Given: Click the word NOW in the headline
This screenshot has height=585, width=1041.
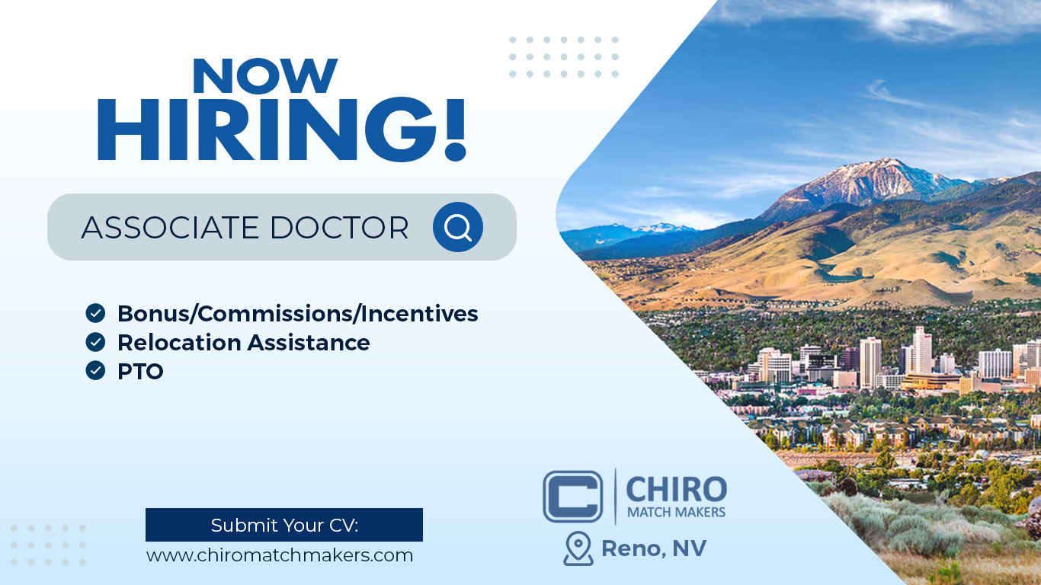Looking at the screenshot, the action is click(265, 75).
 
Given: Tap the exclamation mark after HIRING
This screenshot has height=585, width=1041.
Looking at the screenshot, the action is click(455, 129).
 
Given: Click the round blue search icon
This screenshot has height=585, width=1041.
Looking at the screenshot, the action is click(458, 227).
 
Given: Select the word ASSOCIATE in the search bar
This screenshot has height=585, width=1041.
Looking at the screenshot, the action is click(170, 228).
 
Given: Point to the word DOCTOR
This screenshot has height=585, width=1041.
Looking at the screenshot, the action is click(339, 228).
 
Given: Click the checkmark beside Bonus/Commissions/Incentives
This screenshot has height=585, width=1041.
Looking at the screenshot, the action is click(95, 313).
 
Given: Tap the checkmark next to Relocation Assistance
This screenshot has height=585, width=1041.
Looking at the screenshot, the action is click(95, 342).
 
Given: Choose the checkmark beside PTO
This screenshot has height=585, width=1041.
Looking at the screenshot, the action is click(95, 370).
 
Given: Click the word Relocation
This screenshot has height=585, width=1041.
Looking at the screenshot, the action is click(179, 343).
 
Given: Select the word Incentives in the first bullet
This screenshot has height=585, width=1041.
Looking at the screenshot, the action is click(419, 314).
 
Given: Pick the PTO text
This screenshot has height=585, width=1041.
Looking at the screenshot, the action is click(140, 371).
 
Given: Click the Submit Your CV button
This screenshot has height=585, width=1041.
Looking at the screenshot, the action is click(284, 525).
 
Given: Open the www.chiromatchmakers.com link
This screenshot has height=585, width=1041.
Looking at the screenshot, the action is click(280, 555).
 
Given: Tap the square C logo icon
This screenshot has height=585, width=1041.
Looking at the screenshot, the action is click(573, 497).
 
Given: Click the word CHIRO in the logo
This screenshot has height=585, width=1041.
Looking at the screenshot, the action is click(677, 489).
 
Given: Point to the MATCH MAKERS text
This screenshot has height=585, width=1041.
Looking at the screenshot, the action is click(676, 512).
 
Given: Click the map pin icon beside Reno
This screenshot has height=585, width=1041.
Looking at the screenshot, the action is click(578, 548).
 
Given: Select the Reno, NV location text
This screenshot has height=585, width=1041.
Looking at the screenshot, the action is click(654, 548).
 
